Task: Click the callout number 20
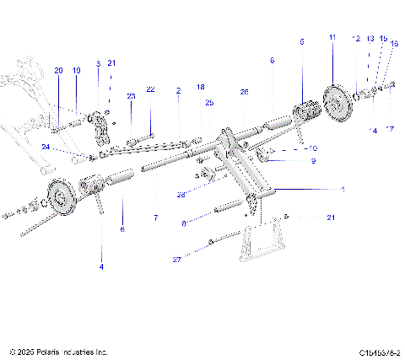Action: (57, 70)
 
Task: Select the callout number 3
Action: (98, 63)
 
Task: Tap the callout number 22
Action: (150, 89)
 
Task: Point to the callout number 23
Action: (131, 96)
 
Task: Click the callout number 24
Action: (46, 147)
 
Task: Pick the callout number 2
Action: (178, 89)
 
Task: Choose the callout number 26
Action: (244, 91)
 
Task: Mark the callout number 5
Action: (301, 40)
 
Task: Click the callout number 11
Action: (332, 38)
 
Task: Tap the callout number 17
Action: (391, 129)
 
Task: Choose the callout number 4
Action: (102, 266)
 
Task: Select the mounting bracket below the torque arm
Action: (261, 241)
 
